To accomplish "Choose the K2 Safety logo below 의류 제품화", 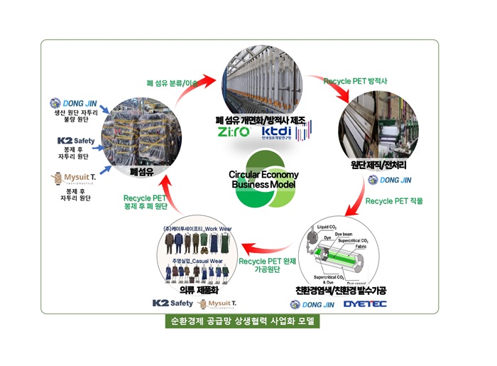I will point(172,303).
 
